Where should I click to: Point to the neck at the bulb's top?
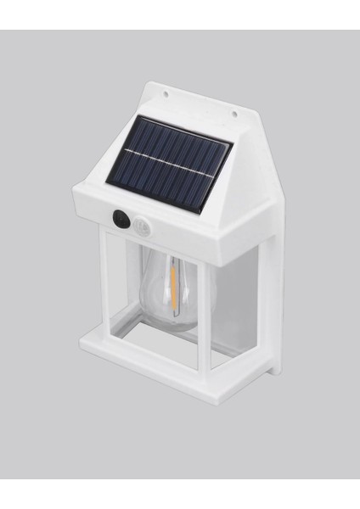tap(171, 251)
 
